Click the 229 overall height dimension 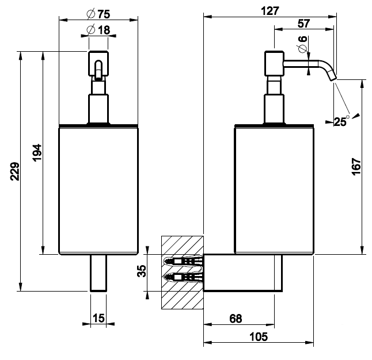[x=15, y=171]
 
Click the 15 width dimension [x=99, y=317]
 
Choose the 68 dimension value [x=235, y=318]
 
